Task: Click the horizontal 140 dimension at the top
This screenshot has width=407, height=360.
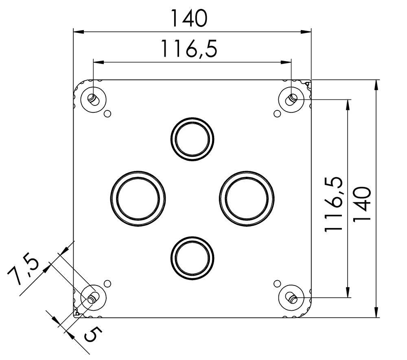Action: click(188, 18)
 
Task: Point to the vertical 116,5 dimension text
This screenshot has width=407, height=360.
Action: click(334, 205)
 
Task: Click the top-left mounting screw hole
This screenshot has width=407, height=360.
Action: click(93, 99)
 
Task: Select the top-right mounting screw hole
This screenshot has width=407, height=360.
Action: click(291, 99)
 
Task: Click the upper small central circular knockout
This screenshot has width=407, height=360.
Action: click(192, 139)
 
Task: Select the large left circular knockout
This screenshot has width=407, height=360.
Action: click(138, 198)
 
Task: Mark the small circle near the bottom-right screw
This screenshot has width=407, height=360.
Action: click(277, 283)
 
